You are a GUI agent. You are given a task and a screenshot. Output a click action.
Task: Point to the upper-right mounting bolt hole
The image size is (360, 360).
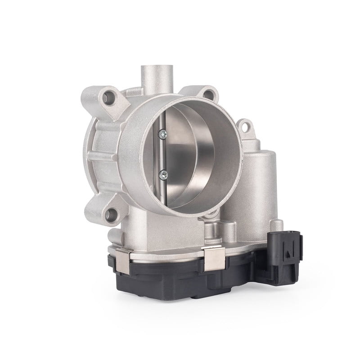tap(208, 94)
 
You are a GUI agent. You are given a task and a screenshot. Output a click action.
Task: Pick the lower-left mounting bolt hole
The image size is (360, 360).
tap(111, 213)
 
